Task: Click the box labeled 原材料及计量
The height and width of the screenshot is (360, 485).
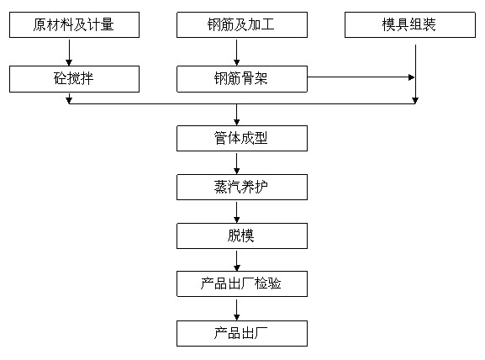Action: [74, 26]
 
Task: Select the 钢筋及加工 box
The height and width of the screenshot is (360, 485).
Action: [242, 26]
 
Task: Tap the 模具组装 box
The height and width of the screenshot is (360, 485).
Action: [414, 26]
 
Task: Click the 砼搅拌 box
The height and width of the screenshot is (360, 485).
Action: [74, 79]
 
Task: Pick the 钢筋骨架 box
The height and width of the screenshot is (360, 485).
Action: [242, 79]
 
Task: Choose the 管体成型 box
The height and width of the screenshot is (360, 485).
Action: [242, 138]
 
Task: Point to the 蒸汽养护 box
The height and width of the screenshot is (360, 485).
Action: [242, 187]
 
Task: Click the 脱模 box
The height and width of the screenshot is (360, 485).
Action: [242, 236]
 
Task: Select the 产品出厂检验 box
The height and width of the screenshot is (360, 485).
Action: [242, 283]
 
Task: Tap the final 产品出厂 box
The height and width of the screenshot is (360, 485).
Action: [242, 333]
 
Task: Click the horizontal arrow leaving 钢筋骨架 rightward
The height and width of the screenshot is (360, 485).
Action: [361, 77]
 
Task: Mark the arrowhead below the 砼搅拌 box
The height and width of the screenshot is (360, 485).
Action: [69, 100]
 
